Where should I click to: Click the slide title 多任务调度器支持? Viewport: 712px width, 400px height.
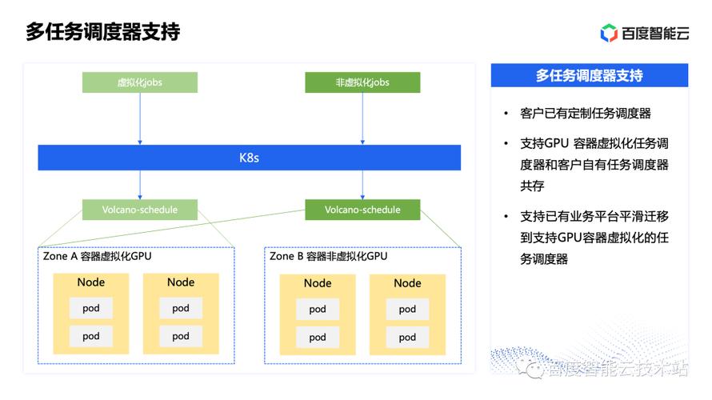(102, 32)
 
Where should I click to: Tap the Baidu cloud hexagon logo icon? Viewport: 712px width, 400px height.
(609, 33)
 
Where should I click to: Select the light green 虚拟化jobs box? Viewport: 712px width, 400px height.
(140, 82)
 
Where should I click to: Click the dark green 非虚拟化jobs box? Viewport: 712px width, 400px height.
(362, 82)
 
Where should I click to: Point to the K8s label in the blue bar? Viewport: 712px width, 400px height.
(249, 158)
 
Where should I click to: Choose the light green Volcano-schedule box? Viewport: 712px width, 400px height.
(140, 210)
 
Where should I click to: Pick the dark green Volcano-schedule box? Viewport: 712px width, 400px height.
(362, 210)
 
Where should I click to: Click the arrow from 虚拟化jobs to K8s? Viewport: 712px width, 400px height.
(140, 118)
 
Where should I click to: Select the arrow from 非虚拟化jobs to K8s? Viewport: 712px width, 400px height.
(362, 118)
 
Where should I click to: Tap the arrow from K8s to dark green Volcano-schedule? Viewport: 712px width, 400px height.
(362, 185)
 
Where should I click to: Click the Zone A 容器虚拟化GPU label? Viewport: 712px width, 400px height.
(97, 256)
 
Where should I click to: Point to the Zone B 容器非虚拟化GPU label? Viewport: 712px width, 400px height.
(328, 256)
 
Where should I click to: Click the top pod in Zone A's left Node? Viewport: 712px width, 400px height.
(91, 308)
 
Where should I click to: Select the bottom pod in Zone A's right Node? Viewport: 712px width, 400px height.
(181, 336)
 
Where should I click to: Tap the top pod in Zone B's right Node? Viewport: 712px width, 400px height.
(407, 309)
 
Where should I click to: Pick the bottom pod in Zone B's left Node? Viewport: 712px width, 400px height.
(318, 338)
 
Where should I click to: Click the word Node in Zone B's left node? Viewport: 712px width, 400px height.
(318, 283)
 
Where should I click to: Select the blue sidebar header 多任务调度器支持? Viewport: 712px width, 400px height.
(590, 75)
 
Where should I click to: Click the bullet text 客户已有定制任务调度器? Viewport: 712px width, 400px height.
(586, 113)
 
